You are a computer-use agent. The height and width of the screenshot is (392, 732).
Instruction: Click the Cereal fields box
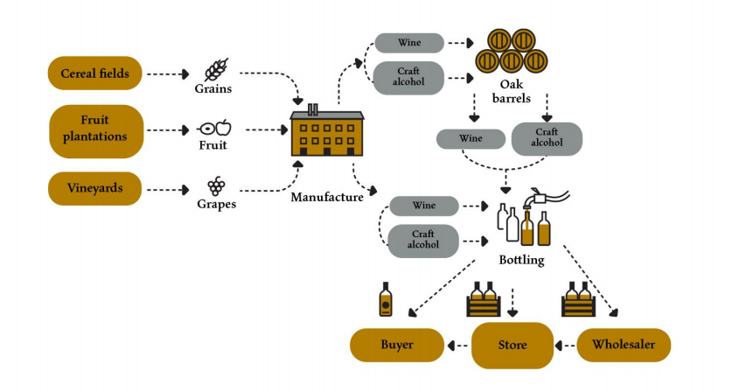click(x=94, y=73)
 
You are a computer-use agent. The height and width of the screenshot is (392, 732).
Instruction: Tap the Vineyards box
click(x=94, y=187)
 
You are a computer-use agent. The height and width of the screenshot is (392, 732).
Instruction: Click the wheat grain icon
click(x=215, y=70)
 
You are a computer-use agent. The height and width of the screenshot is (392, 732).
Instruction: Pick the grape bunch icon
click(x=215, y=186)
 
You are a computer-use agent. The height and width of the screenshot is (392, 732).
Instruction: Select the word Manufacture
click(x=327, y=198)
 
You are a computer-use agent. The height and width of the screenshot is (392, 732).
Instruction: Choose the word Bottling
click(x=521, y=260)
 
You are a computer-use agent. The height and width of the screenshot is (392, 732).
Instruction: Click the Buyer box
click(x=396, y=345)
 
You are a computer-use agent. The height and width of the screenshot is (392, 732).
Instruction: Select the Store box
click(x=512, y=345)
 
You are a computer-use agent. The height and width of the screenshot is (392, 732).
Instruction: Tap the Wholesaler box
click(x=623, y=345)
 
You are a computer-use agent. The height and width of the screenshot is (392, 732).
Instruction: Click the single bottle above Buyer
click(x=386, y=300)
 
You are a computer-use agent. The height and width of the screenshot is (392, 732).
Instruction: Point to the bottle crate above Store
click(x=484, y=302)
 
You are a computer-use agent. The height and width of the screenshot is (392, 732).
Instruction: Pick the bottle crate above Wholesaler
click(x=578, y=302)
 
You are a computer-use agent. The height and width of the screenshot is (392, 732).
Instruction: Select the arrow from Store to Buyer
click(x=457, y=346)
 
